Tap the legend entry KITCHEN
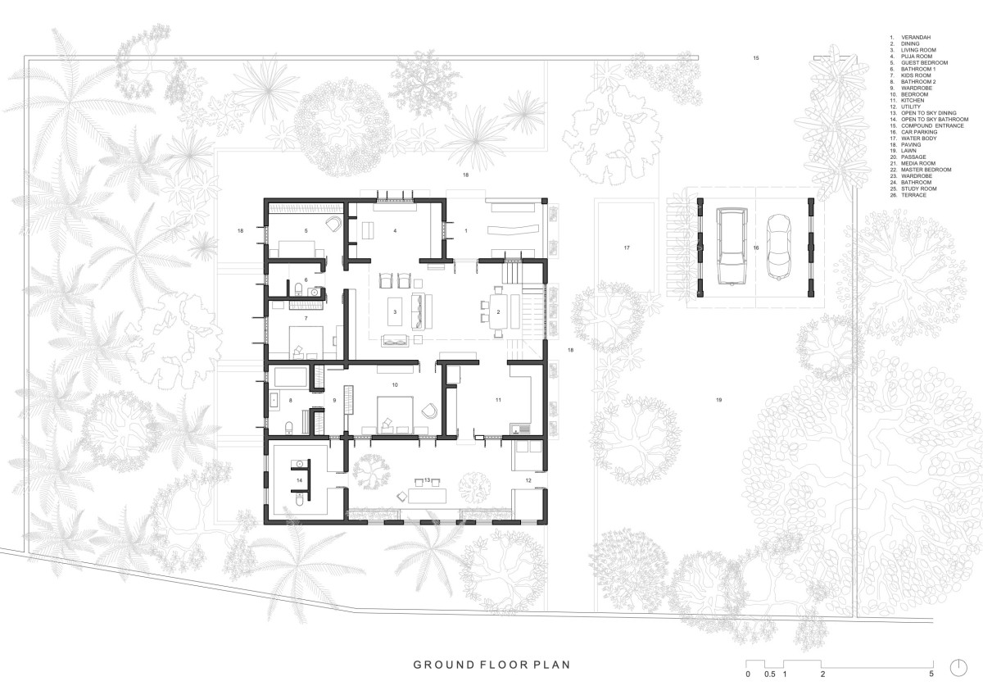(913, 101)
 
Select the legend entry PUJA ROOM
(917, 57)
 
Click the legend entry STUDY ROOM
(919, 189)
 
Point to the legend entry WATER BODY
(919, 139)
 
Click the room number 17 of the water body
(627, 248)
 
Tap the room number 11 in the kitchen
(498, 400)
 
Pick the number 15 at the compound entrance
(755, 58)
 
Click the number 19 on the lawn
(719, 400)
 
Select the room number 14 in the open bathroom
(299, 480)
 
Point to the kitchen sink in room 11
(520, 428)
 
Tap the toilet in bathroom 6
(298, 288)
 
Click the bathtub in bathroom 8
(290, 378)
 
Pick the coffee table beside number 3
(395, 311)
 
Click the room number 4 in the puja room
(395, 230)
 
